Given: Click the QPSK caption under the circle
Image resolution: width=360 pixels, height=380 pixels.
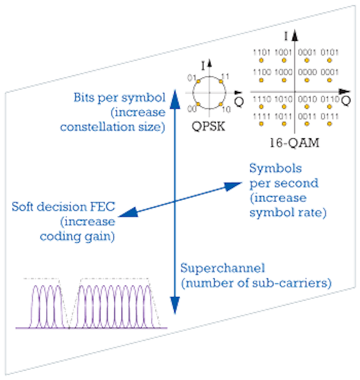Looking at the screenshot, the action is point(208,126).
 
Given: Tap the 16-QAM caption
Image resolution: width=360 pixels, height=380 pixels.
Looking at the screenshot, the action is point(294,142).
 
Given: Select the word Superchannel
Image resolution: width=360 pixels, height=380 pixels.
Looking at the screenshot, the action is point(223,268).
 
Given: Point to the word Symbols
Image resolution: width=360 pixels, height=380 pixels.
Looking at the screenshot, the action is point(276,168).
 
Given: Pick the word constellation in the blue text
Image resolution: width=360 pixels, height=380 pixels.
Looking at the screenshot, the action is point(97,126).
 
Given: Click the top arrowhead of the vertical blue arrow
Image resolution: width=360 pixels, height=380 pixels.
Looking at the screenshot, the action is point(175,99).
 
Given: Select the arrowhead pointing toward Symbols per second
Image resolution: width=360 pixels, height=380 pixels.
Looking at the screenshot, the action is point(232,186).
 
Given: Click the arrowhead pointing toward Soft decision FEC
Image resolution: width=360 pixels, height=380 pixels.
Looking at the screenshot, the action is point(128,213).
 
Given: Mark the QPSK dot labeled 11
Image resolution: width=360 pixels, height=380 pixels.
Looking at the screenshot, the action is point(221,82).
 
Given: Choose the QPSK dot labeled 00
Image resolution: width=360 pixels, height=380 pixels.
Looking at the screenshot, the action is point(198,104).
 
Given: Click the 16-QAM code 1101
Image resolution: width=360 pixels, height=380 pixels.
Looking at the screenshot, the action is point(262,52).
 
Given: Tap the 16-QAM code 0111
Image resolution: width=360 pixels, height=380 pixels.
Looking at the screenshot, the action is point(330,116).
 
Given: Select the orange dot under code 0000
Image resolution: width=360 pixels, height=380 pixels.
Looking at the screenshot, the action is point(307,80).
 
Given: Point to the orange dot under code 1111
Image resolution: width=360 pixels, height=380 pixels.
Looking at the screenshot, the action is point(261,124).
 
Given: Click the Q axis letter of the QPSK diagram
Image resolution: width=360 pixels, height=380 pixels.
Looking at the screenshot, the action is point(239,101).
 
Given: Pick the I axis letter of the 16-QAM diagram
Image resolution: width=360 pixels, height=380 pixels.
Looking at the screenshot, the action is point(286,36).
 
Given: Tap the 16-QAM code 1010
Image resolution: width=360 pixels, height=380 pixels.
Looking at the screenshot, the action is point(283,99).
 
